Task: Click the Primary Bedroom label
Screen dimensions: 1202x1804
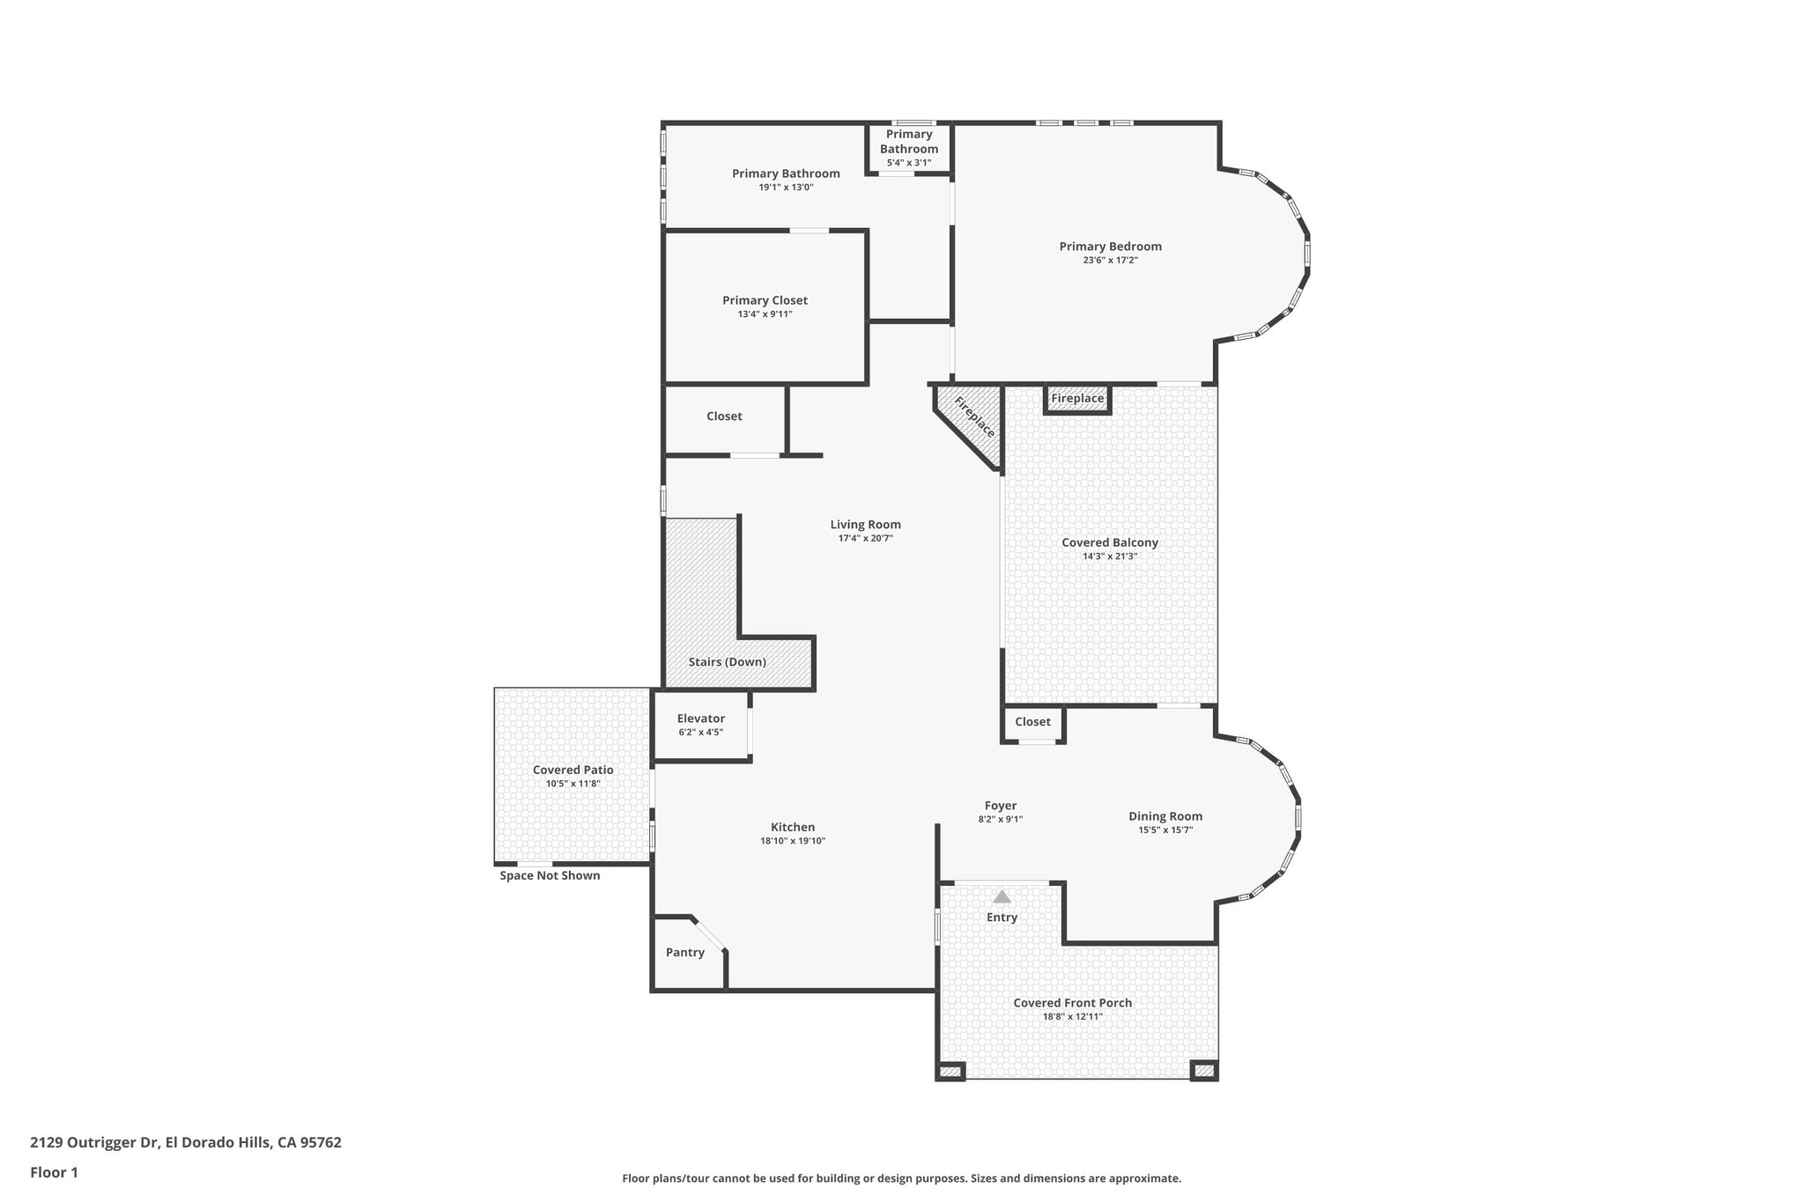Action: tap(1110, 247)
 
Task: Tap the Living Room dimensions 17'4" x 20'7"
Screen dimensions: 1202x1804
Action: tap(865, 538)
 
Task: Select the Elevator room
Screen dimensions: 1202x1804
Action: tap(700, 725)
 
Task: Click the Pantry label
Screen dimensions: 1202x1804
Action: tap(684, 952)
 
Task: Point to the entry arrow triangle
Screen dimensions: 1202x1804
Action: tap(1002, 897)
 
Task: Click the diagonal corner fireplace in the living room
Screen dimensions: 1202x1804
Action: tap(973, 419)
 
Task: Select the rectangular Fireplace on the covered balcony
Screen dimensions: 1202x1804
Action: tap(1076, 399)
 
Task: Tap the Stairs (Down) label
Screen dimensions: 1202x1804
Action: tap(727, 662)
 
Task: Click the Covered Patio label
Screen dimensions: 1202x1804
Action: tap(573, 770)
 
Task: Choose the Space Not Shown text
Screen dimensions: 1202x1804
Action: tap(550, 875)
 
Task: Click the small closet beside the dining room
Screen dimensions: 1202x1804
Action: tap(1032, 722)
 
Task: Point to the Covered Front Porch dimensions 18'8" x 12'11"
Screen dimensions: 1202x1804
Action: tap(1072, 1016)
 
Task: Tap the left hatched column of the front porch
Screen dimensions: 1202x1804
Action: tap(950, 1072)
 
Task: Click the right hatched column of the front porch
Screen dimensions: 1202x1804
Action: tap(1203, 1071)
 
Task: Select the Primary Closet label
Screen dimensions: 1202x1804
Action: tap(765, 300)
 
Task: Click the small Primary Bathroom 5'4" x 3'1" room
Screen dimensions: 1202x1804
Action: tap(908, 147)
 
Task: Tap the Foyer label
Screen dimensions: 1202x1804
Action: tap(1000, 806)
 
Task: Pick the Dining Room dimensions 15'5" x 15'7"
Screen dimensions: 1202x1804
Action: tap(1164, 830)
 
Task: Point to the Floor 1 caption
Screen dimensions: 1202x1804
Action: tap(54, 1172)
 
